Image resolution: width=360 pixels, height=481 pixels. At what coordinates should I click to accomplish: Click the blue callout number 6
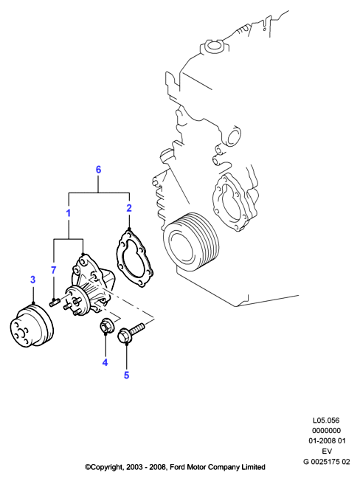click(98, 170)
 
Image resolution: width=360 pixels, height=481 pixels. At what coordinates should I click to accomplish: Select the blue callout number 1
click(69, 213)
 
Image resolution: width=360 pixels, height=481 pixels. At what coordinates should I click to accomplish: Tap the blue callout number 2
click(129, 208)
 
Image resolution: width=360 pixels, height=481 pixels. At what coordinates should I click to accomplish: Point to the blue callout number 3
click(32, 280)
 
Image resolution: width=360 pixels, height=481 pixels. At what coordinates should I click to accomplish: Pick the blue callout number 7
click(54, 270)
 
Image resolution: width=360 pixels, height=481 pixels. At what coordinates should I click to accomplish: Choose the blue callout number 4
click(105, 362)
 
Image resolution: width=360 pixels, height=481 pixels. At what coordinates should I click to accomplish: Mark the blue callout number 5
click(126, 376)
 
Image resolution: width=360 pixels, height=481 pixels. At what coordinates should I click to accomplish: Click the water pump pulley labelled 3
click(32, 326)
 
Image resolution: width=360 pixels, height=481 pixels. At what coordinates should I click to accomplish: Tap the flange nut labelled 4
click(105, 326)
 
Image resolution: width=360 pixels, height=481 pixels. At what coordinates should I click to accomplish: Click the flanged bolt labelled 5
click(131, 333)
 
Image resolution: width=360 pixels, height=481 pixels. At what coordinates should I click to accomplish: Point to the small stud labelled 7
click(54, 302)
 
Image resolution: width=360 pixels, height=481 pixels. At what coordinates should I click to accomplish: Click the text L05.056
click(326, 420)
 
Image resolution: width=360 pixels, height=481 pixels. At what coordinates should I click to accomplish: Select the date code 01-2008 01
click(327, 441)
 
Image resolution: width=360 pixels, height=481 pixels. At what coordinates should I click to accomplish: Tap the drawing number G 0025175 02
click(327, 461)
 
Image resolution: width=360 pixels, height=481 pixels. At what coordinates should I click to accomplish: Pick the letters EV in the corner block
click(327, 451)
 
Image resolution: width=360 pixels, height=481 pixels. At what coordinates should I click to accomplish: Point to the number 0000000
click(326, 430)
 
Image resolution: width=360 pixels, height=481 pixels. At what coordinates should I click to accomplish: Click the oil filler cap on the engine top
click(212, 46)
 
